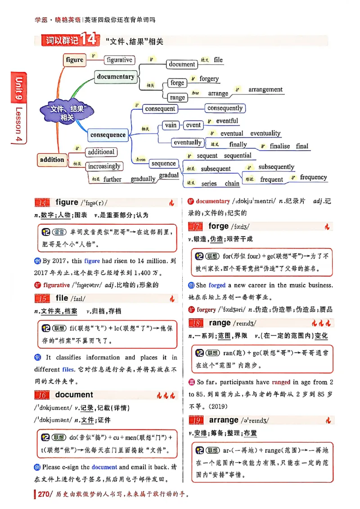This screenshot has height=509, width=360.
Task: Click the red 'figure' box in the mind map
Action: click(x=75, y=60)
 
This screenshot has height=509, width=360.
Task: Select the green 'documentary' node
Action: click(x=115, y=77)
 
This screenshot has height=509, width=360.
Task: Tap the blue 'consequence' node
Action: click(x=108, y=135)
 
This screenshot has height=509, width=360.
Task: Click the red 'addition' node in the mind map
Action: click(x=52, y=160)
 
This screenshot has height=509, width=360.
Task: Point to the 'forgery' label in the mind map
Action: click(x=209, y=79)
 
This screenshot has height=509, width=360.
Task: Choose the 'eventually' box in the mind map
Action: click(x=188, y=143)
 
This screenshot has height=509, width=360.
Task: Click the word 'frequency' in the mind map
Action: click(x=313, y=177)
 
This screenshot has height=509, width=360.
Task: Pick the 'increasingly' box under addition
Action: click(x=104, y=166)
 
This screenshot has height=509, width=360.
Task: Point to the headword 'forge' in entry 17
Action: click(x=219, y=227)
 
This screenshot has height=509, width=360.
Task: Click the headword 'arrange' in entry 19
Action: click(x=224, y=420)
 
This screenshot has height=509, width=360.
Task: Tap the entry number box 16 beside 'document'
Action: click(x=42, y=395)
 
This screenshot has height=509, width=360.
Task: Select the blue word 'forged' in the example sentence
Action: click(x=216, y=285)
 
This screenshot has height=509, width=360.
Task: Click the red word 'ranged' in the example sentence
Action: click(x=281, y=382)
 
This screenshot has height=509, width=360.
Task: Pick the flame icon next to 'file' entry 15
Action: click(x=171, y=298)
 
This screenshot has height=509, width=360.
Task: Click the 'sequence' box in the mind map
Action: click(x=163, y=164)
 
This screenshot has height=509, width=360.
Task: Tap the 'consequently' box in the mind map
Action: click(x=225, y=108)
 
